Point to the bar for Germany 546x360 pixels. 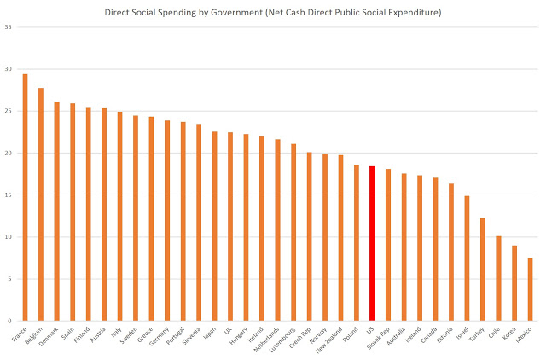pyautogui.click(x=167, y=220)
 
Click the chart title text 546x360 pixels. pyautogui.click(x=273, y=14)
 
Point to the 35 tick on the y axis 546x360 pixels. pyautogui.click(x=8, y=27)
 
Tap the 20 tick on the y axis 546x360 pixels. pyautogui.click(x=8, y=154)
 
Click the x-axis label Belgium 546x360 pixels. pyautogui.click(x=34, y=335)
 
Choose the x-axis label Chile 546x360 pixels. pyautogui.click(x=494, y=332)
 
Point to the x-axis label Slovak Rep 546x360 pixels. pyautogui.click(x=380, y=338)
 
